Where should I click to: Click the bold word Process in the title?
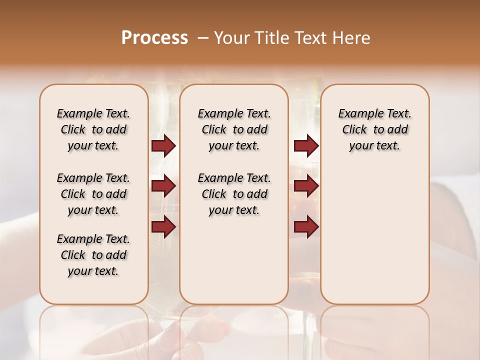(154, 37)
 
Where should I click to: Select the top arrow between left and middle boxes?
(163, 145)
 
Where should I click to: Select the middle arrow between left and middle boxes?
(163, 186)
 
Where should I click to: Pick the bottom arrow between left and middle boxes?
(163, 226)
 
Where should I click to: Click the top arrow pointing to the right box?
(306, 145)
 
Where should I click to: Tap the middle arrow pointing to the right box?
(306, 186)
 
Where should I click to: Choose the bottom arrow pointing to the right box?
(306, 226)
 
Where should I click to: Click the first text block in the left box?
(93, 129)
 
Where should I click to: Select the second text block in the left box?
(93, 194)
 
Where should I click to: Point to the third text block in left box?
(93, 255)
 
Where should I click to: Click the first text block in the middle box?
(234, 129)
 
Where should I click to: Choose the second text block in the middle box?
(234, 194)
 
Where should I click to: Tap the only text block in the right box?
(374, 129)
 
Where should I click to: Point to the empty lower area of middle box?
(234, 260)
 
